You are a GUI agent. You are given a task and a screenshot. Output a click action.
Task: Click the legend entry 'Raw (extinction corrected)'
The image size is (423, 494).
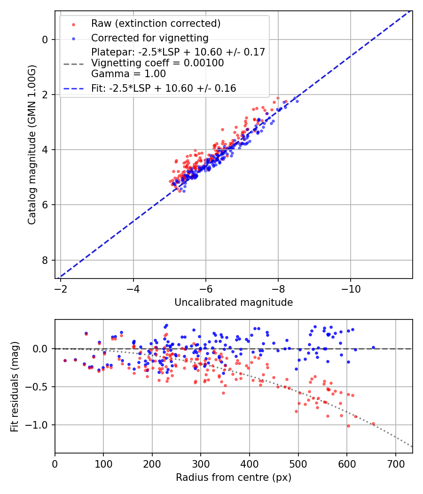tap(156, 24)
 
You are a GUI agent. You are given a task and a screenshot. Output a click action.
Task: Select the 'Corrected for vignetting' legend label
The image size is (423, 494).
tap(149, 38)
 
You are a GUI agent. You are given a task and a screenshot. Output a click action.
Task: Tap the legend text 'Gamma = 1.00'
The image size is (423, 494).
tap(128, 74)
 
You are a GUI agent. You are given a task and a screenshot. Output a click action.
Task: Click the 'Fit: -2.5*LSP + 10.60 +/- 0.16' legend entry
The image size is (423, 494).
tap(163, 88)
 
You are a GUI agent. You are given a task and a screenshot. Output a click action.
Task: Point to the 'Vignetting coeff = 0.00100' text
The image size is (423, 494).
tap(157, 63)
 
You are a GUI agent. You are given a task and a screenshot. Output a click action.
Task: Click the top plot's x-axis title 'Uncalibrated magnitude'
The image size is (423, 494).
tap(234, 303)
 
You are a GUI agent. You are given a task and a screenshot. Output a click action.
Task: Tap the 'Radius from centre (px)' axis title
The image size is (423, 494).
tap(234, 478)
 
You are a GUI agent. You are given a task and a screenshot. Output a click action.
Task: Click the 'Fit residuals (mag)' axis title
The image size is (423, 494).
tap(15, 386)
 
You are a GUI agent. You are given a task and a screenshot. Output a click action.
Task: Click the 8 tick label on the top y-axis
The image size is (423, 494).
tap(46, 260)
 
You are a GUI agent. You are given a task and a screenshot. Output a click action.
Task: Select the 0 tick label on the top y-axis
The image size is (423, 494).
tap(46, 40)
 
